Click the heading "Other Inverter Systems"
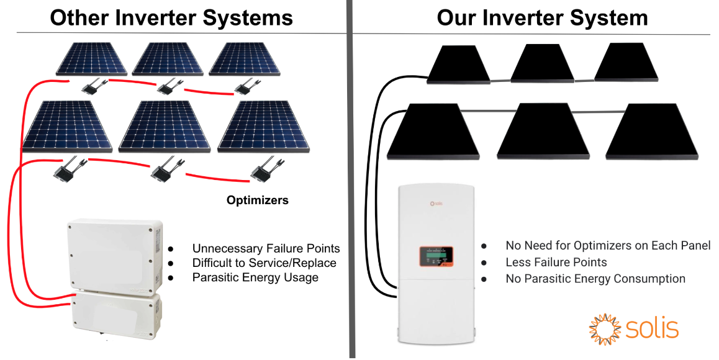pyautogui.click(x=171, y=17)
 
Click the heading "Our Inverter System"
pyautogui.click(x=542, y=17)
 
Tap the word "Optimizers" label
pyautogui.click(x=257, y=200)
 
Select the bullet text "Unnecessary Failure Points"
pyautogui.click(x=266, y=248)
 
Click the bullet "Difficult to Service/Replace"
pyautogui.click(x=264, y=263)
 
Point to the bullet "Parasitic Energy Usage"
pyautogui.click(x=255, y=277)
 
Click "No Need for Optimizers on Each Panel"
pyautogui.click(x=608, y=246)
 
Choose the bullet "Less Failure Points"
pyautogui.click(x=556, y=263)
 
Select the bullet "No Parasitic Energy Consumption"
pyautogui.click(x=595, y=279)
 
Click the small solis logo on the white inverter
pyautogui.click(x=435, y=202)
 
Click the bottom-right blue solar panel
pyautogui.click(x=265, y=126)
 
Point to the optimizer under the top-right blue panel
pyautogui.click(x=246, y=84)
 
